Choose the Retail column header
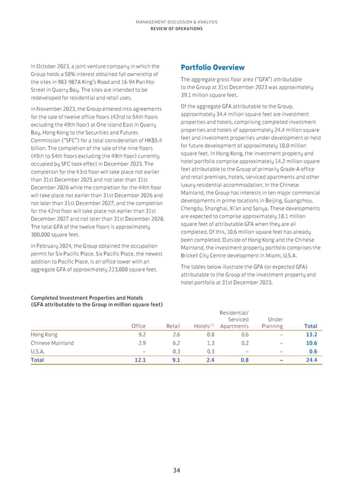172,326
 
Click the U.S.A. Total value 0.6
312,352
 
